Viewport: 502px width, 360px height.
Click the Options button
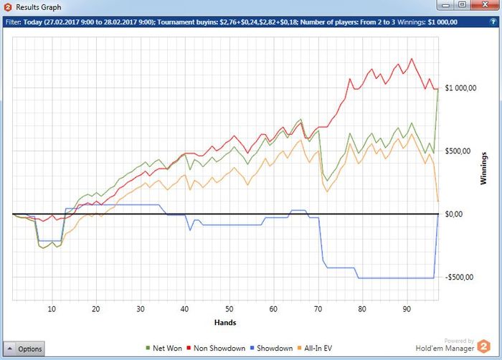pyautogui.click(x=24, y=349)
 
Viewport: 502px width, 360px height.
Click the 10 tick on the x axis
pyautogui.click(x=52, y=309)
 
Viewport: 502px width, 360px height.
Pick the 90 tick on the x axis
pyautogui.click(x=407, y=309)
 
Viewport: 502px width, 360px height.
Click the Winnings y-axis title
pyautogui.click(x=485, y=169)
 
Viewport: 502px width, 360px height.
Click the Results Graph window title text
pyautogui.click(x=39, y=7)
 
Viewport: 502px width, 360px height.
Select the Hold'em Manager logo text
pyautogui.click(x=444, y=349)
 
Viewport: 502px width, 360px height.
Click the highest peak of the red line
pyautogui.click(x=412, y=59)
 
